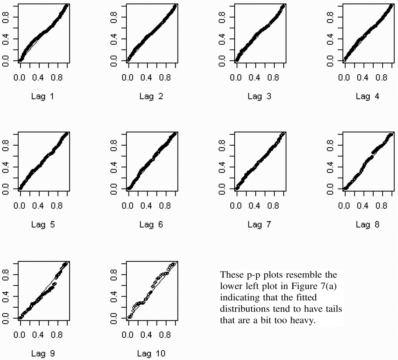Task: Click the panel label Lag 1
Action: [43, 96]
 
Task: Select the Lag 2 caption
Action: [151, 96]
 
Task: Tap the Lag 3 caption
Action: [260, 96]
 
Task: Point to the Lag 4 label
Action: [368, 96]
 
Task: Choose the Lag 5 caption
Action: [43, 224]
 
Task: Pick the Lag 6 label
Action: [151, 224]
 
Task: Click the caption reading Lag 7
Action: [260, 224]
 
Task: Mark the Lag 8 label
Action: [368, 224]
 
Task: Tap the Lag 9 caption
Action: [43, 353]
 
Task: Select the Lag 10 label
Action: [151, 353]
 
